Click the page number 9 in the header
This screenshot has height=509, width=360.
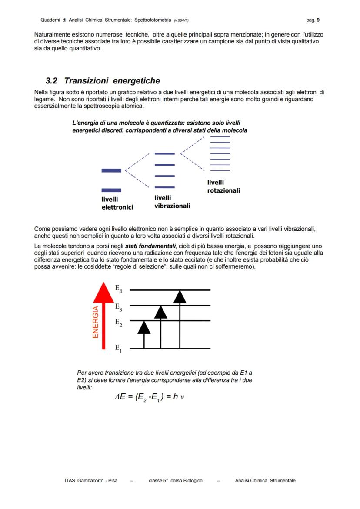point(318,20)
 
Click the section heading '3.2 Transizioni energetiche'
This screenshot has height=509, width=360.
point(103,81)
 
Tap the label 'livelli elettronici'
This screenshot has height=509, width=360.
point(117,203)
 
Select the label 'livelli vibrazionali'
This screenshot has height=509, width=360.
point(172,202)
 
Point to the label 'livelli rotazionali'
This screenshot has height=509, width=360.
point(223,186)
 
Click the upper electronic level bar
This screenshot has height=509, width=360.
point(111,170)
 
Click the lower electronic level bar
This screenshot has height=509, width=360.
point(111,190)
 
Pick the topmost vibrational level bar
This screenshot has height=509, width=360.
point(165,153)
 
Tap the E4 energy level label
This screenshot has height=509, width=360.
point(118,288)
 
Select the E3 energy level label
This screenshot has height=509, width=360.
point(118,307)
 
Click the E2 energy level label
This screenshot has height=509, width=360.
point(118,323)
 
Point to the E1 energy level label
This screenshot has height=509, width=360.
point(118,348)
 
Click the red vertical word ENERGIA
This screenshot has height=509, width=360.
point(96,322)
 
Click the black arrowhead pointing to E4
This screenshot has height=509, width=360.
point(180,296)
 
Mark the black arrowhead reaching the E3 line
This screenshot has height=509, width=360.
point(161,312)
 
